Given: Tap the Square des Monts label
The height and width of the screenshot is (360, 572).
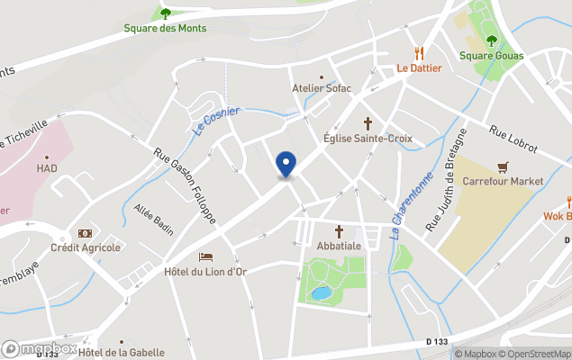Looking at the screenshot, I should [x=165, y=28].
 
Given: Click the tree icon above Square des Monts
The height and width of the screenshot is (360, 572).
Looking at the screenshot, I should [x=165, y=13].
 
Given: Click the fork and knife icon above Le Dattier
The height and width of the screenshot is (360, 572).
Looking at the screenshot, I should [x=419, y=53].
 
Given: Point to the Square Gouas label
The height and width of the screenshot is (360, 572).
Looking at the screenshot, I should [x=491, y=55].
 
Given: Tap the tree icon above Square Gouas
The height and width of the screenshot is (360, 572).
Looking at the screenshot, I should [x=491, y=40].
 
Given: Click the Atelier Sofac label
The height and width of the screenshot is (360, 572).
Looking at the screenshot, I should [x=322, y=88].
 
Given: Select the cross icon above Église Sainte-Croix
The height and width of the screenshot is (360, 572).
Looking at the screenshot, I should [x=368, y=122].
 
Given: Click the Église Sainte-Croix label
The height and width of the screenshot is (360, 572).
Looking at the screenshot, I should [x=368, y=138].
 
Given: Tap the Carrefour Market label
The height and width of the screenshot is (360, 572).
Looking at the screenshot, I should [x=503, y=181].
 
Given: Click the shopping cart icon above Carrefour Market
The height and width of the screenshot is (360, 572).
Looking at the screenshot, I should [x=503, y=166].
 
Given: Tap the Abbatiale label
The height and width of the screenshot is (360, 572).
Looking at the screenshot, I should [x=340, y=245].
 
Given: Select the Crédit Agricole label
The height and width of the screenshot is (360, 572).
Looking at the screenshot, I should [x=86, y=247].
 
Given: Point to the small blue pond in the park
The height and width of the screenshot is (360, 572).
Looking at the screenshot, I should [x=321, y=293].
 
